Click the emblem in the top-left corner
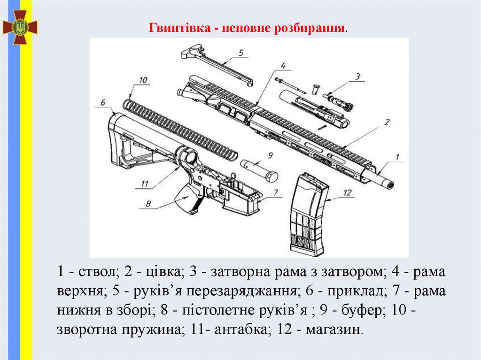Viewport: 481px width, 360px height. tap(20, 27)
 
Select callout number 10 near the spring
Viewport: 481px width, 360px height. tap(143, 80)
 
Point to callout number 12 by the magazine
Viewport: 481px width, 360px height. tap(347, 192)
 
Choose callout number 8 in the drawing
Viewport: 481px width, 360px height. tap(148, 203)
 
